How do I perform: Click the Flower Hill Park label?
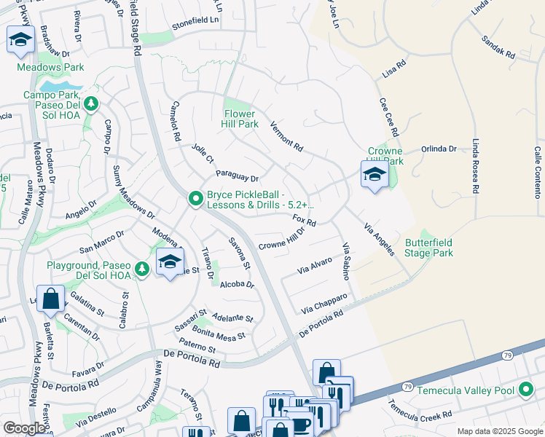[x=240, y=119]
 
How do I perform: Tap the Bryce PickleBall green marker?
[x=195, y=198]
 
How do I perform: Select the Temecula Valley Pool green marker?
[x=526, y=390]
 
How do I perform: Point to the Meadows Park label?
[x=51, y=67]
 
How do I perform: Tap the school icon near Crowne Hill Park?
[x=375, y=174]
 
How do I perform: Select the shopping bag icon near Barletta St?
[x=50, y=299]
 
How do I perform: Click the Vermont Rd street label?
[x=286, y=135]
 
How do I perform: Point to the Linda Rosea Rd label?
[x=476, y=166]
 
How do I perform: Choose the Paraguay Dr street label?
[x=238, y=176]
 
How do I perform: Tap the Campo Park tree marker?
[x=91, y=103]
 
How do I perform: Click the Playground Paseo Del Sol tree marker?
[x=142, y=269]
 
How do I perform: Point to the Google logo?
[x=24, y=428]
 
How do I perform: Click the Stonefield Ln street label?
[x=195, y=21]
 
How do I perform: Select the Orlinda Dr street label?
[x=439, y=149]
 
